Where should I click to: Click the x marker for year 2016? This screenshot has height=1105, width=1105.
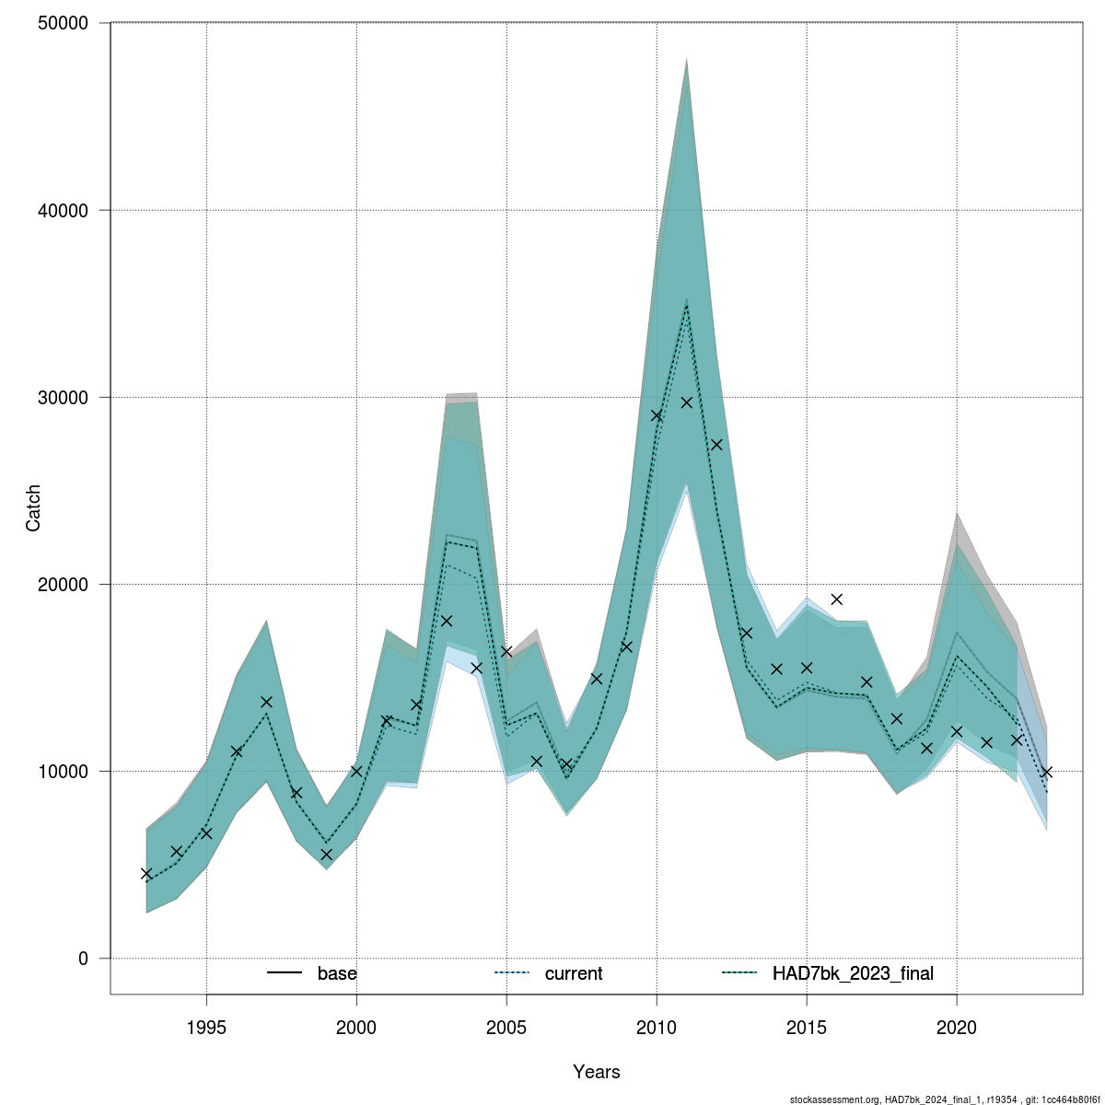pyautogui.click(x=836, y=599)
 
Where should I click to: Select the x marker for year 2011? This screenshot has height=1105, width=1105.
pyautogui.click(x=686, y=402)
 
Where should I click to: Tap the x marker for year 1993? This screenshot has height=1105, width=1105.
pyautogui.click(x=146, y=874)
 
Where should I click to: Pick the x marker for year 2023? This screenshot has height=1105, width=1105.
pyautogui.click(x=1046, y=772)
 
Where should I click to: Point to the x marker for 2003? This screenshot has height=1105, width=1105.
pyautogui.click(x=447, y=621)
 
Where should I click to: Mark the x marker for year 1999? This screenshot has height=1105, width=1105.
pyautogui.click(x=326, y=855)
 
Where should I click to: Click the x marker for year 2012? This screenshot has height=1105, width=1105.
pyautogui.click(x=716, y=445)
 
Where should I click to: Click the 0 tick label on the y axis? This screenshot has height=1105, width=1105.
pyautogui.click(x=83, y=959)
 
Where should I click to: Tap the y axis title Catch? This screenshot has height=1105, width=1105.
pyautogui.click(x=33, y=508)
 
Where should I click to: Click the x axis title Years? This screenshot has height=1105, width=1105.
pyautogui.click(x=597, y=1072)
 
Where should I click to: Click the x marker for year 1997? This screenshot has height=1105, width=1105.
pyautogui.click(x=266, y=702)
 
